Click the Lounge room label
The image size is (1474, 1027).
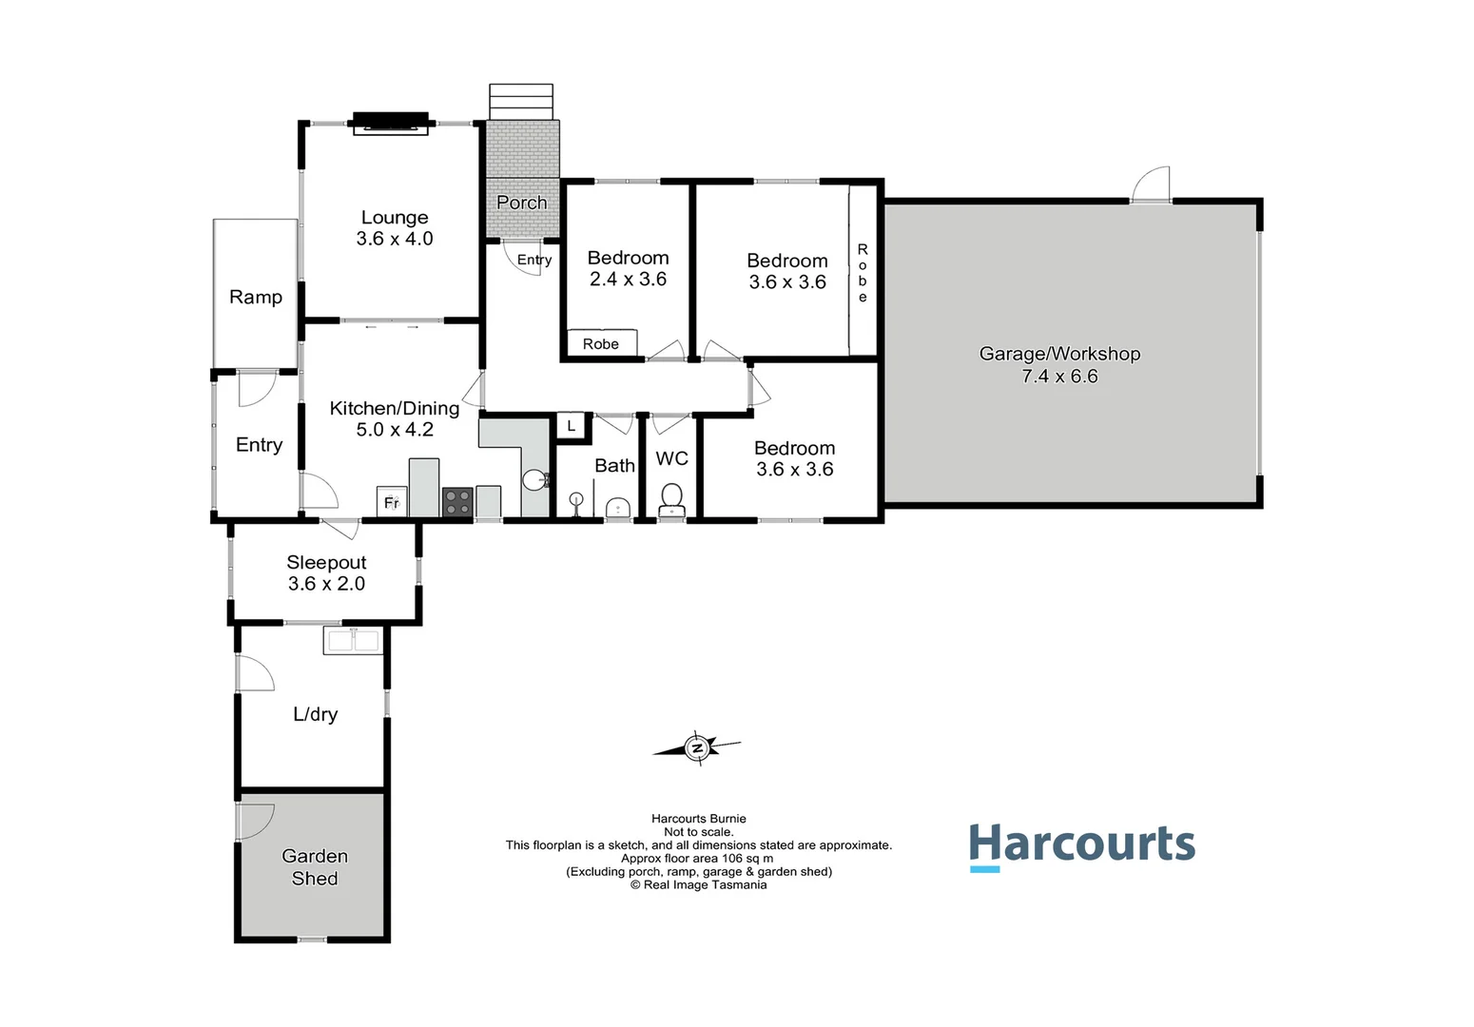(x=394, y=218)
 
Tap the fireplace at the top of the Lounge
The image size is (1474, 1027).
(x=391, y=123)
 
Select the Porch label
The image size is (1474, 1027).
(x=521, y=203)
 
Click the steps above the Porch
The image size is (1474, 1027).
(x=520, y=102)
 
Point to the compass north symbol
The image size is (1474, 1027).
(x=698, y=748)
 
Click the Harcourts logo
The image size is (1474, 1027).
(x=1081, y=844)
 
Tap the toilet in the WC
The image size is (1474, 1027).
(x=671, y=497)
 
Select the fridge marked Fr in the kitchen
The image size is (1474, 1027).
(x=391, y=502)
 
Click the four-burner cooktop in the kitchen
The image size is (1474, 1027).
(x=457, y=502)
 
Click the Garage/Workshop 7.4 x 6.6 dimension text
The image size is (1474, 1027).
(x=1059, y=377)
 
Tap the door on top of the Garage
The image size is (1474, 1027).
(x=1152, y=185)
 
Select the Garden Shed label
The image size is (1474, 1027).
(x=315, y=867)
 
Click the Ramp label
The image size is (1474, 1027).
(x=256, y=297)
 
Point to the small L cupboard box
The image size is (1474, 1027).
(x=571, y=426)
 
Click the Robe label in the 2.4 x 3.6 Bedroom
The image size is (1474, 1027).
(x=601, y=343)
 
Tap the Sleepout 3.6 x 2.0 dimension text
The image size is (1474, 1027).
(x=326, y=584)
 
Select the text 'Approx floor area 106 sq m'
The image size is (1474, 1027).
(x=697, y=858)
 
